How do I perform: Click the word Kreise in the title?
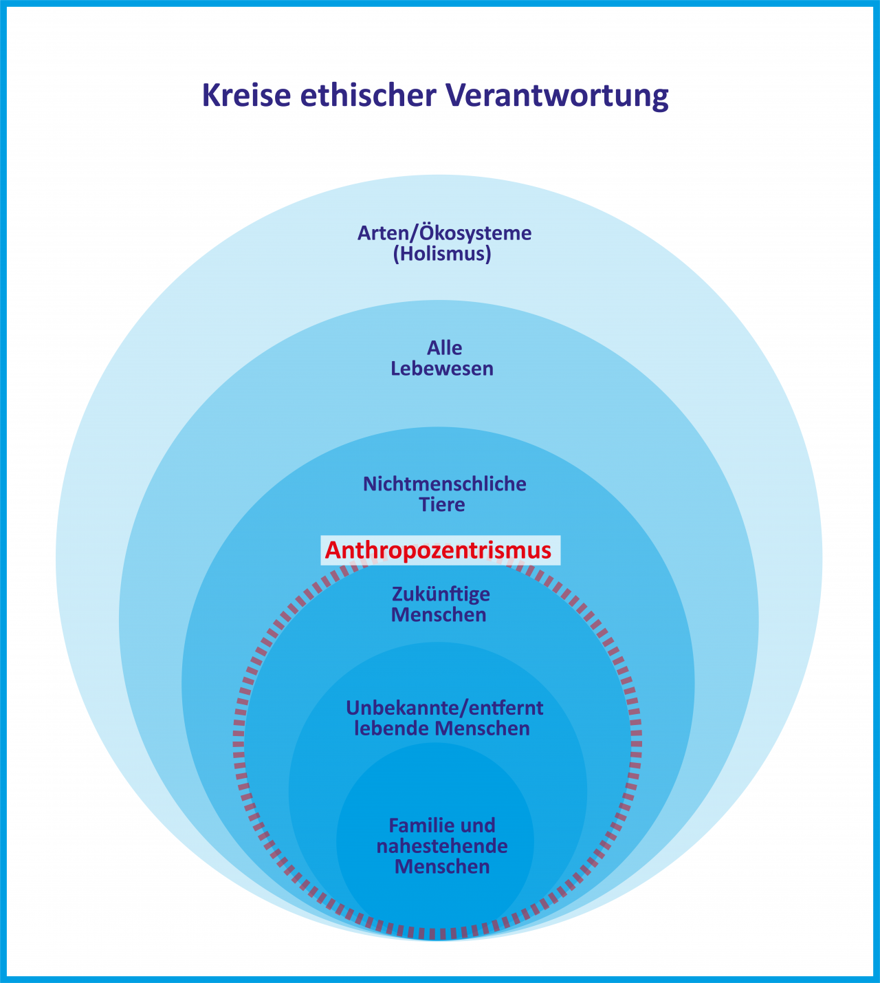[x=246, y=96]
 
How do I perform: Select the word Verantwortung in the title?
[x=558, y=96]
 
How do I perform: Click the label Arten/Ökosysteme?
[x=444, y=233]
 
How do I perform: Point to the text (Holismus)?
[x=442, y=255]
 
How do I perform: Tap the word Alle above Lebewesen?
[x=444, y=347]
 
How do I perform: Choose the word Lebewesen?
[x=442, y=369]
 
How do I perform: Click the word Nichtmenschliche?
[x=444, y=484]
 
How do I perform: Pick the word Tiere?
[x=442, y=505]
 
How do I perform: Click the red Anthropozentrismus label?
[x=438, y=550]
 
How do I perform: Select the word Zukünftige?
[x=441, y=593]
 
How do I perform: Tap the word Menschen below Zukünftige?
[x=439, y=614]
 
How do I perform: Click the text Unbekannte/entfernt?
[x=444, y=707]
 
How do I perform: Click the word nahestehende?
[x=442, y=845]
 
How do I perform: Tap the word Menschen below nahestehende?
[x=442, y=867]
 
